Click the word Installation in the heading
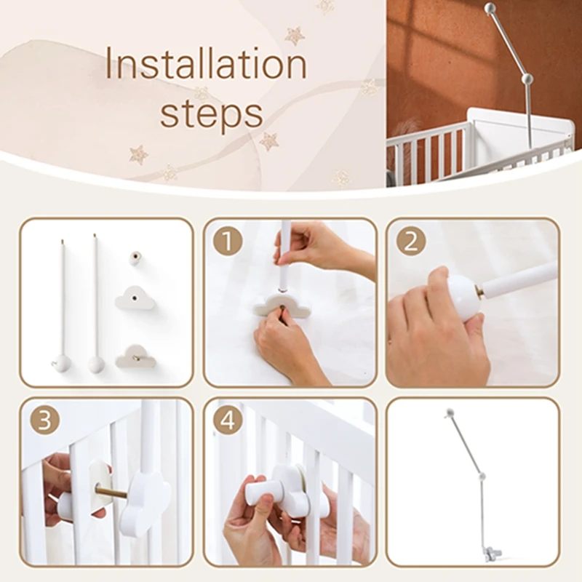pyautogui.click(x=207, y=63)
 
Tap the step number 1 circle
pyautogui.click(x=228, y=242)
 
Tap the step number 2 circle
pyautogui.click(x=410, y=242)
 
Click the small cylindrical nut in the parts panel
pyautogui.click(x=136, y=258)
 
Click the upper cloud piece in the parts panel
pyautogui.click(x=135, y=298)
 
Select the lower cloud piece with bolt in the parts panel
pyautogui.click(x=135, y=356)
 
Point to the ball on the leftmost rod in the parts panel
pyautogui.click(x=62, y=362)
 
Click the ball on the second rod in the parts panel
pyautogui.click(x=97, y=364)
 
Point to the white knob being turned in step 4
pyautogui.click(x=263, y=490)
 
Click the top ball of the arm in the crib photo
pyautogui.click(x=490, y=7)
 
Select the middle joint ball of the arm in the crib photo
pyautogui.click(x=527, y=79)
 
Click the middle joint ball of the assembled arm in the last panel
pyautogui.click(x=482, y=477)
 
